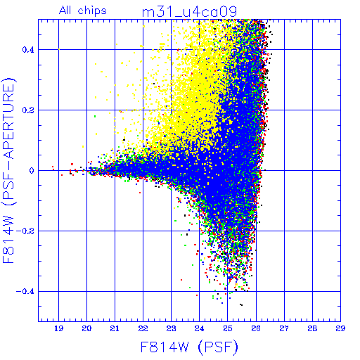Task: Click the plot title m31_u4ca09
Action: pyautogui.click(x=189, y=12)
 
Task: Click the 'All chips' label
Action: pyautogui.click(x=83, y=11)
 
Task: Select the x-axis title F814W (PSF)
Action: pyautogui.click(x=189, y=347)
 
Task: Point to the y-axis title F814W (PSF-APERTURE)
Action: pyautogui.click(x=9, y=170)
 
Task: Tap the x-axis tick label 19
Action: pyautogui.click(x=58, y=328)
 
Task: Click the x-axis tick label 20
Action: pyautogui.click(x=86, y=328)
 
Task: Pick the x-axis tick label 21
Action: pyautogui.click(x=115, y=328)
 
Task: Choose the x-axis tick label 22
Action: pyautogui.click(x=143, y=328)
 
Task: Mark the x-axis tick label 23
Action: pyautogui.click(x=172, y=328)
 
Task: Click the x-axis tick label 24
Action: pyautogui.click(x=200, y=328)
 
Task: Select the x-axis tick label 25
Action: pyautogui.click(x=228, y=328)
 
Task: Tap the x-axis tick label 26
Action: pyautogui.click(x=256, y=328)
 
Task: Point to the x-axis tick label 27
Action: pyautogui.click(x=284, y=328)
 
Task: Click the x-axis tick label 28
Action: pyautogui.click(x=312, y=328)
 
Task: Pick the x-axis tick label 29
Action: pyautogui.click(x=340, y=328)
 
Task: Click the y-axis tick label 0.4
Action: pyautogui.click(x=28, y=50)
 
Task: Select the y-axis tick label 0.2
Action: pyautogui.click(x=28, y=110)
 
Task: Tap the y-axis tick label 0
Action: pyautogui.click(x=32, y=171)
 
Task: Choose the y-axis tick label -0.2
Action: pyautogui.click(x=25, y=231)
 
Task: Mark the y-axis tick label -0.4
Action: pyautogui.click(x=25, y=292)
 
